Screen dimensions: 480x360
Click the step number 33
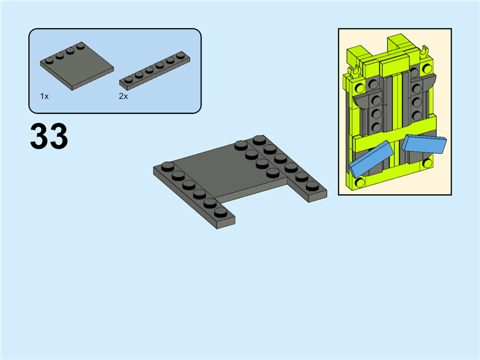[x=49, y=137]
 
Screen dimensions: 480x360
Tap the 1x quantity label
[x=44, y=97]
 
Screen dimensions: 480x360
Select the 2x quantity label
[x=124, y=97]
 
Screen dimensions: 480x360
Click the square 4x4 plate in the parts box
[x=77, y=66]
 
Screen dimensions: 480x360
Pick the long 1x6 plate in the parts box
[x=155, y=71]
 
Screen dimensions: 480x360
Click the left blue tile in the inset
[x=371, y=159]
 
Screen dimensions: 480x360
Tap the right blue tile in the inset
[x=424, y=143]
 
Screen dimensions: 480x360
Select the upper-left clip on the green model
[x=356, y=71]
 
